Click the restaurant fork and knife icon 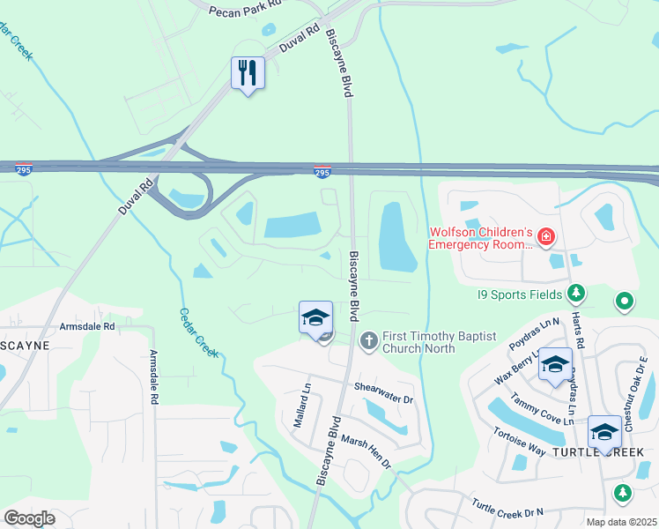pyautogui.click(x=248, y=72)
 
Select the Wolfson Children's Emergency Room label pyautogui.click(x=481, y=238)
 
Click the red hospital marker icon pyautogui.click(x=546, y=236)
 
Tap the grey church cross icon pyautogui.click(x=370, y=339)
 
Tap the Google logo pyautogui.click(x=29, y=518)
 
